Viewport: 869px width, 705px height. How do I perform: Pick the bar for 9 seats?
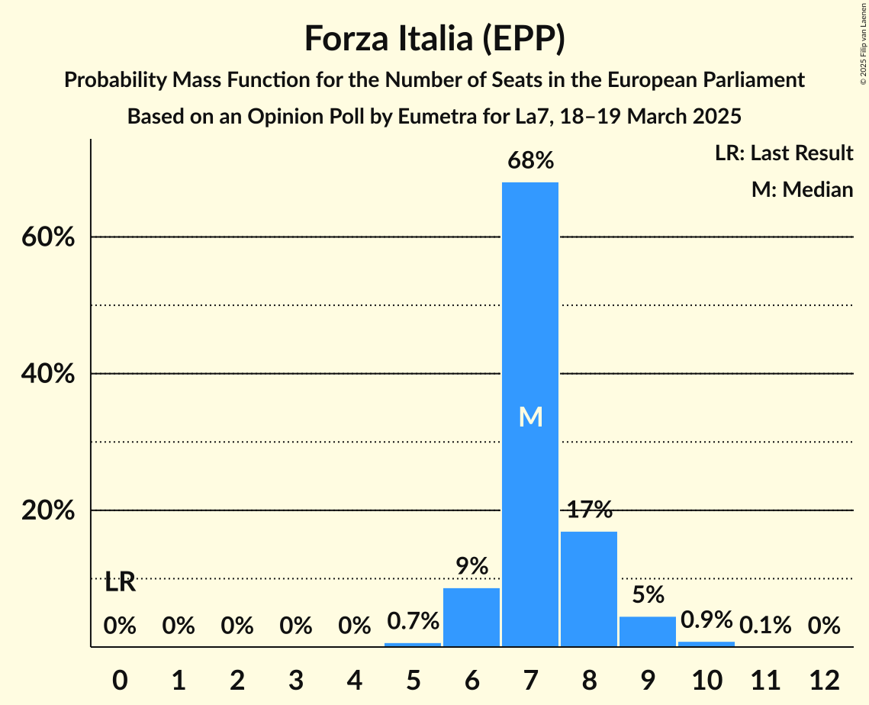click(x=648, y=631)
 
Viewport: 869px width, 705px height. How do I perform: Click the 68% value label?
click(x=530, y=161)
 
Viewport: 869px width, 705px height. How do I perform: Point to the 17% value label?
click(x=589, y=510)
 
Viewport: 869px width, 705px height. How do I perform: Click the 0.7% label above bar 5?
click(x=413, y=621)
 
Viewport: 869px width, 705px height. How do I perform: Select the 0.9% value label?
click(x=706, y=620)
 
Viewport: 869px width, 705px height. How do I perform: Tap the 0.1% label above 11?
click(x=765, y=626)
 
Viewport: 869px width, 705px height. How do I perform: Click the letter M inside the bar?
click(x=530, y=417)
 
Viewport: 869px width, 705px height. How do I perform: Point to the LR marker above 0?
click(x=120, y=583)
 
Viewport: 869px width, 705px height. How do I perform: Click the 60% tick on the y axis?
click(x=47, y=237)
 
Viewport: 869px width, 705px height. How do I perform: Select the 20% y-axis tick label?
click(x=47, y=510)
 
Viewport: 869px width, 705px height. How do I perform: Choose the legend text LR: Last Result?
click(x=784, y=153)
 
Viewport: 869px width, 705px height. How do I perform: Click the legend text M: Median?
click(x=802, y=189)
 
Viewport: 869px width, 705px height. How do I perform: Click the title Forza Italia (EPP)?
click(x=434, y=38)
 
